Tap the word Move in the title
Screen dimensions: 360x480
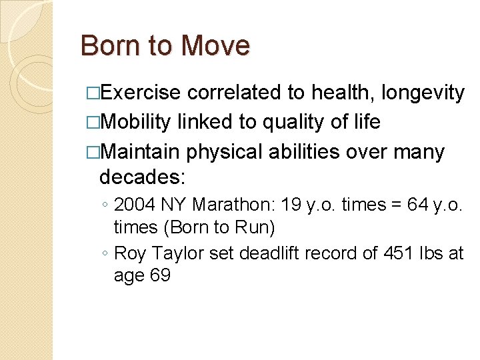(215, 46)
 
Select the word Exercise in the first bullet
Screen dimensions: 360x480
(141, 93)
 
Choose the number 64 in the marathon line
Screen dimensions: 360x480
(419, 205)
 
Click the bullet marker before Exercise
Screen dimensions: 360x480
(91, 93)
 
